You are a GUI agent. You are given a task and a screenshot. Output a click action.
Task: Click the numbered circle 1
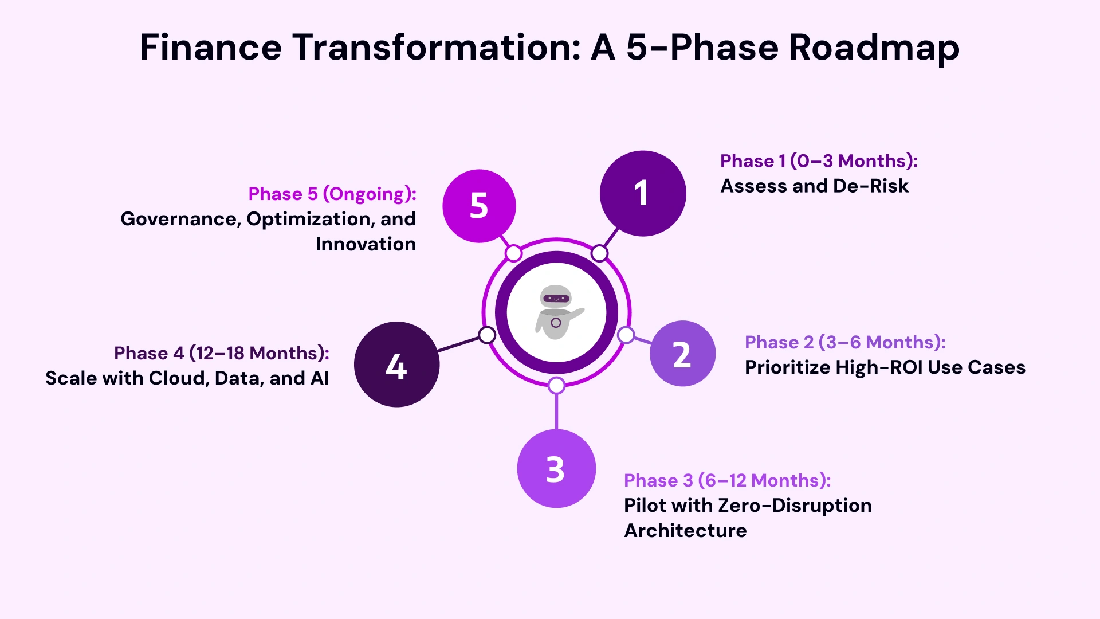(643, 193)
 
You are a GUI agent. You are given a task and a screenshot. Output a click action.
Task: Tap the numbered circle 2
(682, 354)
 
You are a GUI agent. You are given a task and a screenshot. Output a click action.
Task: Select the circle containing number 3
(556, 468)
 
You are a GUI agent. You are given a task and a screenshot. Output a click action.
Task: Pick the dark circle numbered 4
(396, 365)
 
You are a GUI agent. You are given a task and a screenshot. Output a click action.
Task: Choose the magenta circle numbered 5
(479, 206)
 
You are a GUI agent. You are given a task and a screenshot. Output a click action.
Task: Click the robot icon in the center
(556, 313)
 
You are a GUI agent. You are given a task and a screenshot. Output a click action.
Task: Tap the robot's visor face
(556, 298)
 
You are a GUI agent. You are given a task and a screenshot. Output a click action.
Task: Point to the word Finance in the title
(210, 47)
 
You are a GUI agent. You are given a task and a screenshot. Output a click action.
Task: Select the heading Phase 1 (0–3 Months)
(819, 161)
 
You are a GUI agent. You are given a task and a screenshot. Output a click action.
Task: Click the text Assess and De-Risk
(814, 186)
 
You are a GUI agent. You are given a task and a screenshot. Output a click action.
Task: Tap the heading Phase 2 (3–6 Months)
(844, 342)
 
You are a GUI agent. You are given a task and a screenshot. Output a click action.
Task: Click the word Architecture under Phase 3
(685, 531)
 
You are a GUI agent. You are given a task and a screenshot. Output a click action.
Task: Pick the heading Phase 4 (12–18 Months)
(222, 353)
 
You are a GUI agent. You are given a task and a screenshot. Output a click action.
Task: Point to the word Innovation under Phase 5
(366, 244)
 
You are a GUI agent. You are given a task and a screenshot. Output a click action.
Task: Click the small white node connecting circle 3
(556, 386)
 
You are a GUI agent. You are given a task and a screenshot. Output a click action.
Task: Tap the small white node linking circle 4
(487, 335)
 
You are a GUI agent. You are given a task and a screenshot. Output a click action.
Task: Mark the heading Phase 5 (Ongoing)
(332, 194)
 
